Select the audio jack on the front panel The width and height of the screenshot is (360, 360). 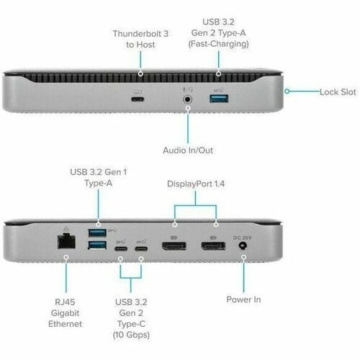[187, 94]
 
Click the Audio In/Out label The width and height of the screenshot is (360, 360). [188, 150]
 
